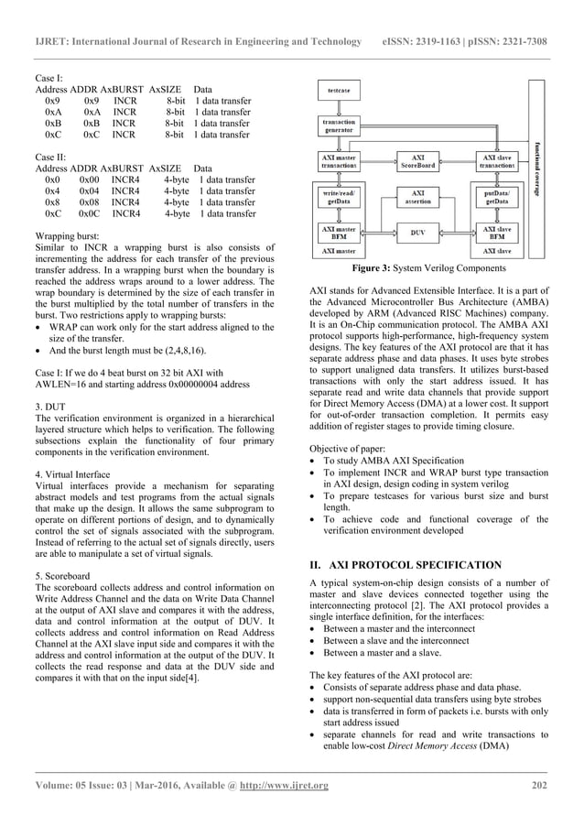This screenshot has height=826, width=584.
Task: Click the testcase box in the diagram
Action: click(x=338, y=92)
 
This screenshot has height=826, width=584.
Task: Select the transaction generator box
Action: click(x=339, y=125)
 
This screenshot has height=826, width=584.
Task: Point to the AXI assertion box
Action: click(x=418, y=197)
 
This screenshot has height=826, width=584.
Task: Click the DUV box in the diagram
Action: click(x=418, y=234)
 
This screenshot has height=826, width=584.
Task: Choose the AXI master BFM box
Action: click(x=339, y=233)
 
